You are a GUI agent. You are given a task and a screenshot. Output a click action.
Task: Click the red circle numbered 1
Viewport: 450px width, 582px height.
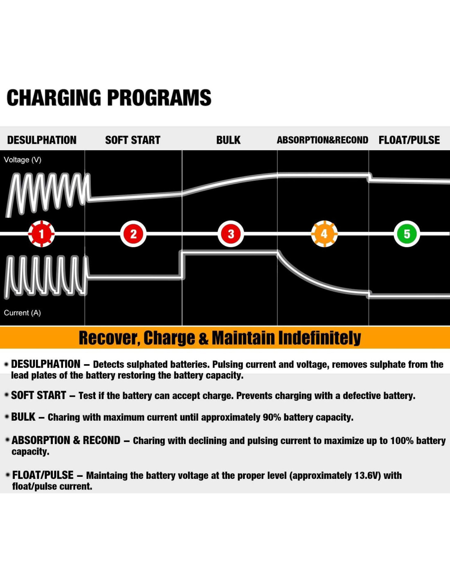pyautogui.click(x=41, y=234)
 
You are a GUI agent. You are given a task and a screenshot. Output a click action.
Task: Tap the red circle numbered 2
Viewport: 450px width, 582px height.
pyautogui.click(x=133, y=234)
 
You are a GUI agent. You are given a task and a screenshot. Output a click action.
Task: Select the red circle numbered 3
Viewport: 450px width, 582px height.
pyautogui.click(x=231, y=234)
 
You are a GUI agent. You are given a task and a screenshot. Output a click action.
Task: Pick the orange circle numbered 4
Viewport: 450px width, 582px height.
pyautogui.click(x=324, y=234)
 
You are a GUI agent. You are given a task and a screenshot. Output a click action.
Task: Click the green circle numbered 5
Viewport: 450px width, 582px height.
pyautogui.click(x=407, y=234)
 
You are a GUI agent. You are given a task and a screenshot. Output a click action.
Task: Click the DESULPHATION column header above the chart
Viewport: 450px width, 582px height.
pyautogui.click(x=42, y=140)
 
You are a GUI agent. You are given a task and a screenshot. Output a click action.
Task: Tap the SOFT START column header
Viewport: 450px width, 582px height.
pyautogui.click(x=133, y=140)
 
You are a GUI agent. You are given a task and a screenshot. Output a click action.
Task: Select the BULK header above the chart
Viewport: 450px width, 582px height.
pyautogui.click(x=228, y=140)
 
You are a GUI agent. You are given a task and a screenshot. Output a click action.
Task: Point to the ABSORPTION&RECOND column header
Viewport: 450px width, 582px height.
pyautogui.click(x=322, y=140)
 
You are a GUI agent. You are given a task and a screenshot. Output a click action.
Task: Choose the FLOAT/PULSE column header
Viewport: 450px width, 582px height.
pyautogui.click(x=409, y=140)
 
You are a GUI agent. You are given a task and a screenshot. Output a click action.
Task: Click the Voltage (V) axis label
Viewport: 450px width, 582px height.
pyautogui.click(x=22, y=160)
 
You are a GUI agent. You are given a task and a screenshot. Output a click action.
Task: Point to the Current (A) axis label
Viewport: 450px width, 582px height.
pyautogui.click(x=22, y=313)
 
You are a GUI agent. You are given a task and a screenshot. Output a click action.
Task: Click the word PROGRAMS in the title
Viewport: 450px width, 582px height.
pyautogui.click(x=159, y=98)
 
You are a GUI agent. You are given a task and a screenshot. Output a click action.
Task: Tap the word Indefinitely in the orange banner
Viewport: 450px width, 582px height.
pyautogui.click(x=319, y=338)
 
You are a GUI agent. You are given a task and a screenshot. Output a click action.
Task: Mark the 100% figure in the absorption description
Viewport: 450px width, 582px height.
pyautogui.click(x=401, y=440)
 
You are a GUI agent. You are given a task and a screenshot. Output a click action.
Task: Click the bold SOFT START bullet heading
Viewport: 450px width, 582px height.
pyautogui.click(x=38, y=395)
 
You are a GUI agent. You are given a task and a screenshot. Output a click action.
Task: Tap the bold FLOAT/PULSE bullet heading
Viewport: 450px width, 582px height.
pyautogui.click(x=43, y=475)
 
